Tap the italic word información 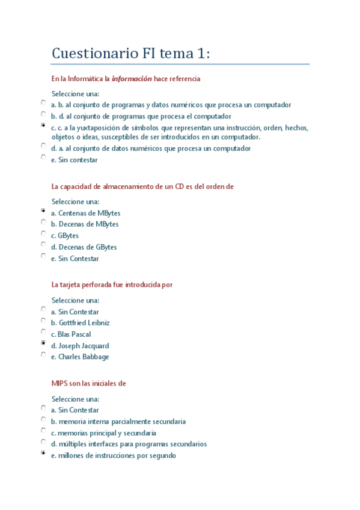pyautogui.click(x=132, y=79)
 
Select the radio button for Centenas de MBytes pyautogui.click(x=43, y=211)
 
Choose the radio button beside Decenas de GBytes pyautogui.click(x=43, y=245)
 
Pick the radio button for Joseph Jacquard pyautogui.click(x=43, y=343)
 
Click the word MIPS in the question pyautogui.click(x=61, y=383)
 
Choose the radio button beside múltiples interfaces pyautogui.click(x=43, y=441)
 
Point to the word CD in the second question pyautogui.click(x=180, y=186)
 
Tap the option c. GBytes pyautogui.click(x=65, y=236)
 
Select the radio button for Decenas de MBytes pyautogui.click(x=43, y=222)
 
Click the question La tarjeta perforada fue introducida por pyautogui.click(x=112, y=284)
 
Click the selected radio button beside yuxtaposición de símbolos pyautogui.click(x=43, y=126)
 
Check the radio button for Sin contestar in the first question pyautogui.click(x=43, y=158)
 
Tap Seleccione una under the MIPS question pyautogui.click(x=75, y=399)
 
